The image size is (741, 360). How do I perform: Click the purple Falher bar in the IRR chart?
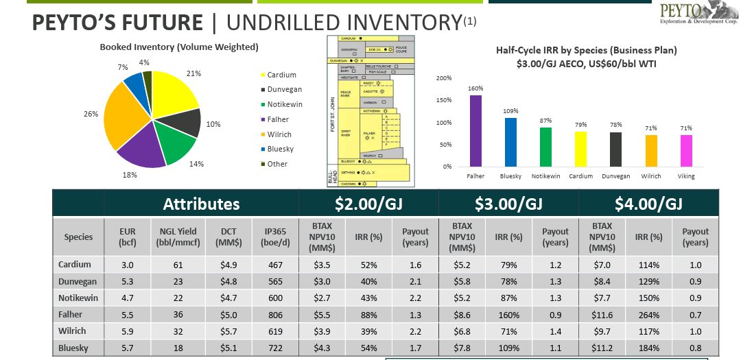click(475, 131)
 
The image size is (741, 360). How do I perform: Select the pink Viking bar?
click(686, 150)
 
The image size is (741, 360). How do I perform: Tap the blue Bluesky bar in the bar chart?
click(510, 142)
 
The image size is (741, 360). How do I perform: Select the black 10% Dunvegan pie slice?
click(186, 122)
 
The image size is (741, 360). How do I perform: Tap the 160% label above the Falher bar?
click(475, 88)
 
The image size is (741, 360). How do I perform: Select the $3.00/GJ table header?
click(508, 204)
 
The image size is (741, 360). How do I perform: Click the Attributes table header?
click(201, 204)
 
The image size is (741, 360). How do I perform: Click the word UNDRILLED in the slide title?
click(288, 23)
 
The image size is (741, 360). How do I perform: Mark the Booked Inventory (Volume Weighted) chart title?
click(179, 47)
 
